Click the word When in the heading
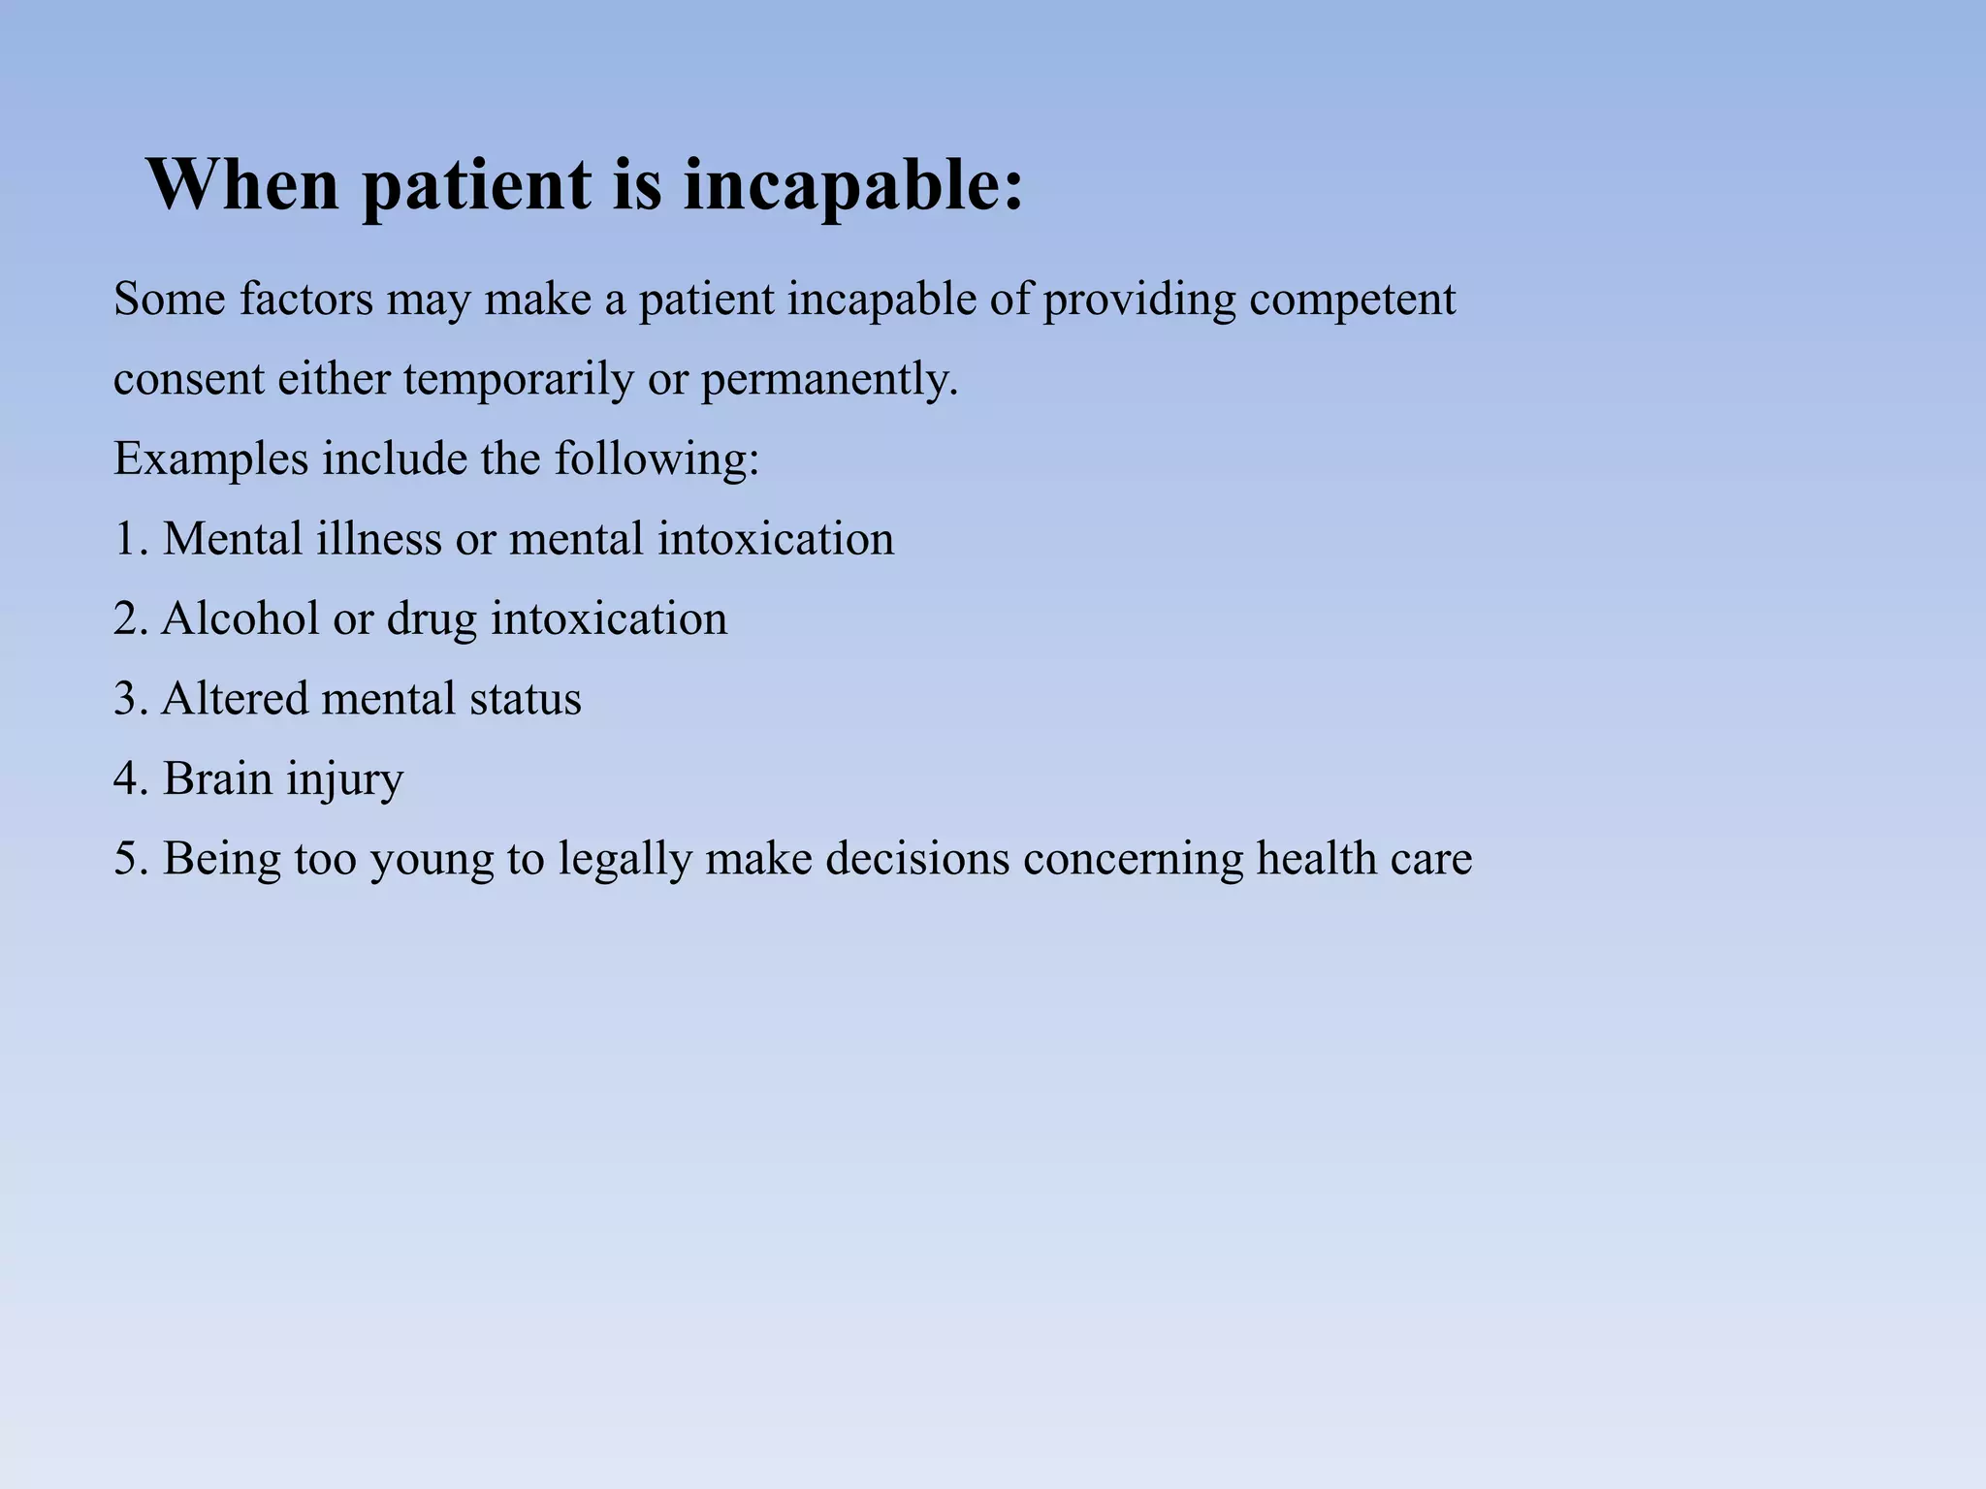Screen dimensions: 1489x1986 [242, 184]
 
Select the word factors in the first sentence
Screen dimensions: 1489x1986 [305, 299]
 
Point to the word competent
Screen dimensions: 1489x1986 [1352, 301]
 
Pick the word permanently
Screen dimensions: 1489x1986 [829, 380]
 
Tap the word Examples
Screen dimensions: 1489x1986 [210, 459]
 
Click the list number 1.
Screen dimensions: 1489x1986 [128, 539]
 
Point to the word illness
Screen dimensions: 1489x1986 [378, 539]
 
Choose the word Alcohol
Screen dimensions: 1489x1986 [240, 618]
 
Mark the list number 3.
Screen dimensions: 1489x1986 [128, 699]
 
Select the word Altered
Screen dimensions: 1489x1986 [234, 699]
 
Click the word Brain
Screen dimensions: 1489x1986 [217, 778]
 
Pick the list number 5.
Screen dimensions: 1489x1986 [128, 859]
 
